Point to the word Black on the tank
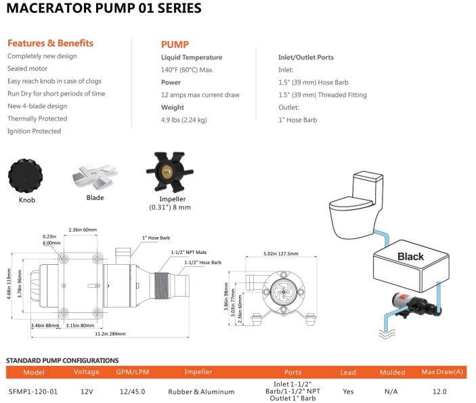[410, 257]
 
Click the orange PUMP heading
[175, 44]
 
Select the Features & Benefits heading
[50, 43]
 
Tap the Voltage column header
[86, 372]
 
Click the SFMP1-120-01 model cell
[33, 391]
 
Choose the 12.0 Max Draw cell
[439, 391]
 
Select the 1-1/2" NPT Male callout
[189, 251]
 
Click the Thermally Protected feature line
[37, 119]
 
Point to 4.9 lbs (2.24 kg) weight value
[183, 120]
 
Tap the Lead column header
[347, 372]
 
